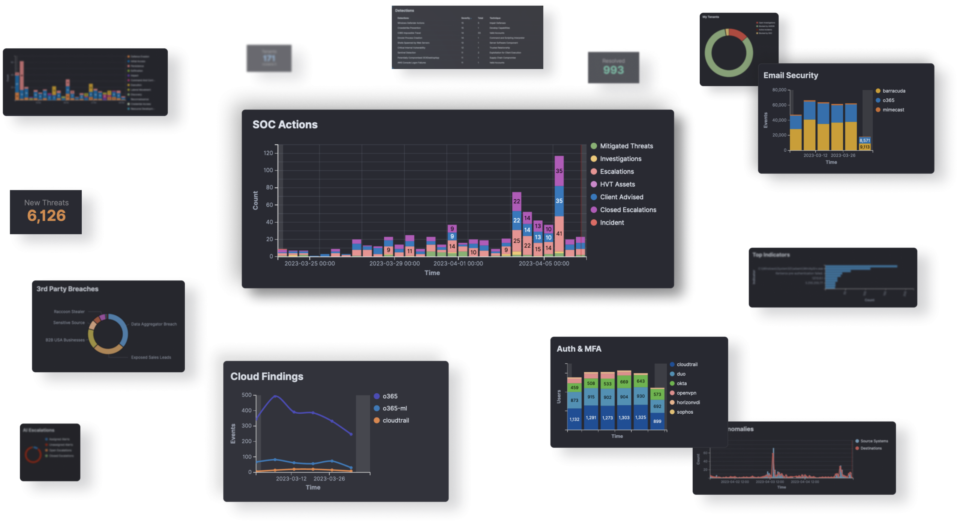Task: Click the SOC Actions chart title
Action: coord(285,125)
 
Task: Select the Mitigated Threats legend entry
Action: coord(626,146)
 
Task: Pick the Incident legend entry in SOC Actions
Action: coord(612,223)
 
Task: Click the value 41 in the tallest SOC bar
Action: coord(559,234)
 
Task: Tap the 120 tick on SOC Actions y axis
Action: coord(268,153)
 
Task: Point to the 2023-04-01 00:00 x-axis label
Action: coord(458,264)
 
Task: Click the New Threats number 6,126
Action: coord(46,216)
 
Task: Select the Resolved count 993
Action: coord(613,70)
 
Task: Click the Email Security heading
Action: coord(790,75)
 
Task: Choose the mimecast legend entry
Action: coord(893,110)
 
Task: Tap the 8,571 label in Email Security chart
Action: coord(864,140)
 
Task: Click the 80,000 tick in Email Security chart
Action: coord(779,90)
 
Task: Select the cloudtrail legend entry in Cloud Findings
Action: coord(395,420)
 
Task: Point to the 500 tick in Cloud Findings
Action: coord(246,395)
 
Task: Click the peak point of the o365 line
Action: coord(275,396)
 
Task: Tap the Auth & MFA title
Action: coord(579,349)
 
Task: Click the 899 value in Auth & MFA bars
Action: coord(657,421)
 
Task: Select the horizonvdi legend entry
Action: coord(688,402)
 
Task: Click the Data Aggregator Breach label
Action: coord(154,324)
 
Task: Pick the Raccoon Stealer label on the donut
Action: coord(69,312)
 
